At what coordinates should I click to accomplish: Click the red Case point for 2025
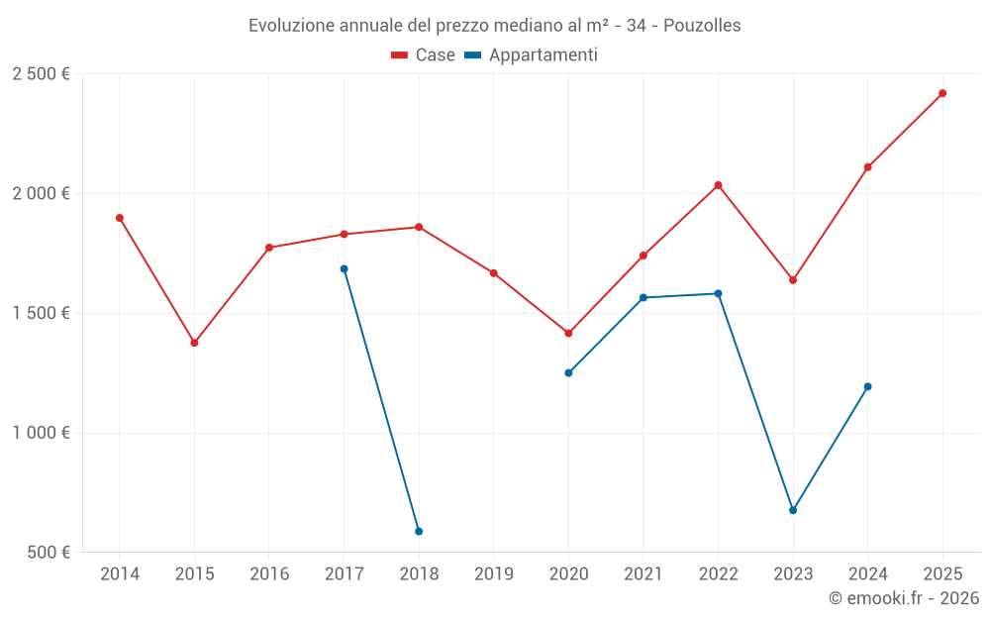click(942, 93)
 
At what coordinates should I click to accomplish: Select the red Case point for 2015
click(194, 343)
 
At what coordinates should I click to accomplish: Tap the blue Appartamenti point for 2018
click(419, 532)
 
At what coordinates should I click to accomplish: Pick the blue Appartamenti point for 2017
click(344, 268)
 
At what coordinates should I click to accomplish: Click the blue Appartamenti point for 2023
click(793, 510)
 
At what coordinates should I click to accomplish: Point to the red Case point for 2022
click(718, 185)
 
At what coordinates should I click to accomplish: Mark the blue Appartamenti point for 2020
click(568, 373)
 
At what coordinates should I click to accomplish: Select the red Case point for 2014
click(120, 218)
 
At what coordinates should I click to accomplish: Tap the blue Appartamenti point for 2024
click(868, 386)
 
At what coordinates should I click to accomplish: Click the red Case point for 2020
click(568, 334)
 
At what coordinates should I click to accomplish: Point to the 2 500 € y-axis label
click(41, 74)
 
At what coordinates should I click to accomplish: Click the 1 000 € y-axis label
click(41, 433)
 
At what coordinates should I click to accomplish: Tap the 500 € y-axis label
click(47, 553)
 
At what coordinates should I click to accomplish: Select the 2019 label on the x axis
click(494, 574)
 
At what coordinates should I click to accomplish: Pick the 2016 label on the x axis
click(269, 574)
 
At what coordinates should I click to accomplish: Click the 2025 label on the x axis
click(942, 574)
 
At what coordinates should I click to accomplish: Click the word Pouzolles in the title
click(702, 26)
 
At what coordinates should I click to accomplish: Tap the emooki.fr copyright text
click(903, 598)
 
